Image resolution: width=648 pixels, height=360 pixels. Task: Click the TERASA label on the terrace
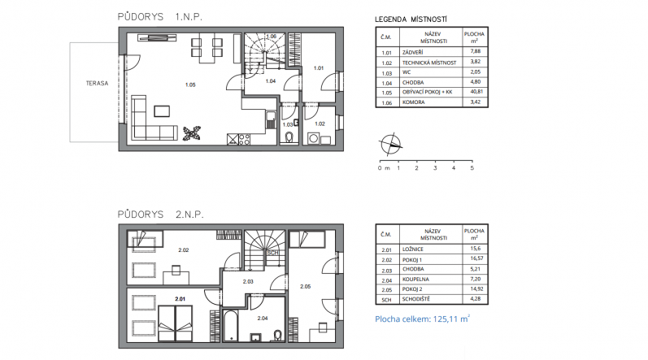coord(97,83)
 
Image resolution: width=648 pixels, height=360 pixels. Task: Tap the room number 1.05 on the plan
coord(190,85)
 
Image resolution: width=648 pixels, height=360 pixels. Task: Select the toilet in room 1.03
coord(289,137)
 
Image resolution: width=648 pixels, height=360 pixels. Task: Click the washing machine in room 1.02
coord(313,138)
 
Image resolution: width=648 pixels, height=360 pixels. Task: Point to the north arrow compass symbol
coord(390,145)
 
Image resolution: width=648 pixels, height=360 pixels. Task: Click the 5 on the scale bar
coord(472,168)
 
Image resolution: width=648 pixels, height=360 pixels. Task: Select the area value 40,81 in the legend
coord(476,92)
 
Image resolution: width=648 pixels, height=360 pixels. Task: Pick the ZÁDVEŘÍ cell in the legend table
coord(412,53)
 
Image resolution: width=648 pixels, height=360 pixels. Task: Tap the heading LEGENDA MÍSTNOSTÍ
coord(411,20)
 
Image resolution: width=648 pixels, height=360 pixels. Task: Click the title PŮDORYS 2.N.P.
coord(161,215)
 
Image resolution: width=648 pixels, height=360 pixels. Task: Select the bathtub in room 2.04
coord(230,326)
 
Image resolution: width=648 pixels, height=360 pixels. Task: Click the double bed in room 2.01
coord(176,323)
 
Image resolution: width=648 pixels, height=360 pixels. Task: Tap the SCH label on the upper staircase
coord(272,253)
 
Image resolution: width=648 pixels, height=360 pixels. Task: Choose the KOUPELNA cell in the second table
coord(415,279)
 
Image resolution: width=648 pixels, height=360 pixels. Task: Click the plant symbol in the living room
coord(192,133)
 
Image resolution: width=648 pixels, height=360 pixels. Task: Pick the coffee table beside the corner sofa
coord(162,111)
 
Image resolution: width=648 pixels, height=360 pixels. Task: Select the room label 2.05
coord(306,287)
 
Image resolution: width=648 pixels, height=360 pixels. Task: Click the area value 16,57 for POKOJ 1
coord(476,258)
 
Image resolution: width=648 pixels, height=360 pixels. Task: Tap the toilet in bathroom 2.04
coord(278,336)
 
